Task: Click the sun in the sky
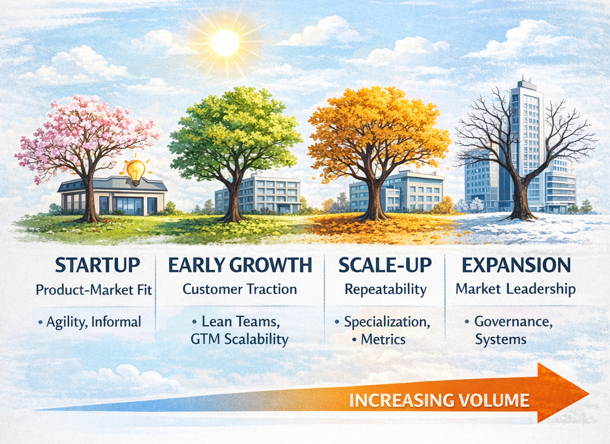click(225, 43)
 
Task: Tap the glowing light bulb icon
click(135, 171)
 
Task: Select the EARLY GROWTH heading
click(240, 265)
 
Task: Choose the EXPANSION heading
click(515, 265)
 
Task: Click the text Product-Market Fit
click(94, 290)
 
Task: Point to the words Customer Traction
click(239, 290)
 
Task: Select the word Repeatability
click(385, 290)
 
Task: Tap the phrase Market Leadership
click(515, 290)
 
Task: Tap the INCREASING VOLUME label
click(439, 400)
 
